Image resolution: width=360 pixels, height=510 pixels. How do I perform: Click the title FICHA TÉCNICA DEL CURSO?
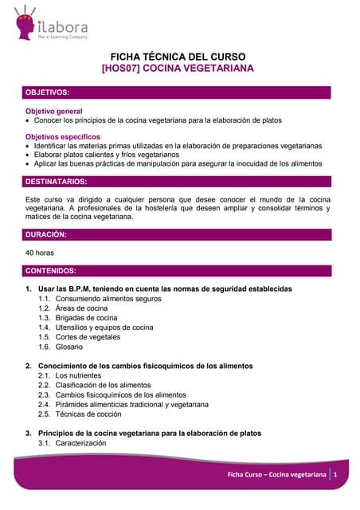tap(178, 57)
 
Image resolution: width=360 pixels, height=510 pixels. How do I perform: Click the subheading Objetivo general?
tap(54, 111)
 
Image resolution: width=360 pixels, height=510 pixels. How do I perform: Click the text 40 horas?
tap(40, 253)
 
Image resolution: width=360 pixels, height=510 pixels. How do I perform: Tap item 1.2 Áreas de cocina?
tap(72, 308)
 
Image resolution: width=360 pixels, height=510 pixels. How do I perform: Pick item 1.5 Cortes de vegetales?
tap(79, 337)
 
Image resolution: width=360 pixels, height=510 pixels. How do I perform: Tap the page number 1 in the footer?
tap(337, 475)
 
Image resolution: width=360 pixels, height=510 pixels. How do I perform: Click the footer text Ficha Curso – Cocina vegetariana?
tap(276, 475)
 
